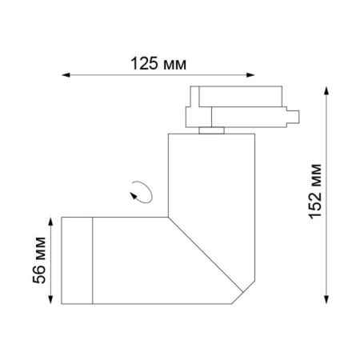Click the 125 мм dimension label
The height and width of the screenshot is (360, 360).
click(158, 64)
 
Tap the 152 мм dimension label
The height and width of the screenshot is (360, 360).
click(315, 192)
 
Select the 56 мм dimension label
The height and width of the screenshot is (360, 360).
click(39, 260)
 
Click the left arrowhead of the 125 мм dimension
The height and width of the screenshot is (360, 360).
click(66, 75)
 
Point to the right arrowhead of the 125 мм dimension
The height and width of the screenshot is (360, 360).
click(250, 75)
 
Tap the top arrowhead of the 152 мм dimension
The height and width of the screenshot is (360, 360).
click(326, 90)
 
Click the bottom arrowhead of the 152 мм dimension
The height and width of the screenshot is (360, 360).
click(326, 300)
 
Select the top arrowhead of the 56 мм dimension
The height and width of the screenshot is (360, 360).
click(50, 222)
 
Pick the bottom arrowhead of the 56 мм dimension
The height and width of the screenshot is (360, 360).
click(50, 300)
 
